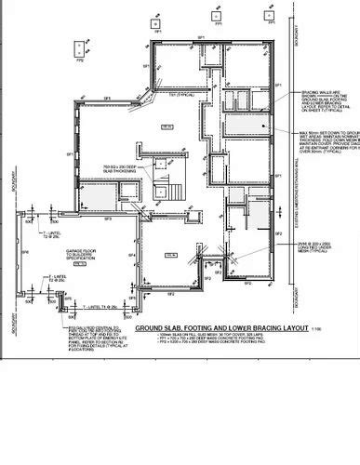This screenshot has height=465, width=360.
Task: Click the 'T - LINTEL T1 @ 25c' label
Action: point(102,305)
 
